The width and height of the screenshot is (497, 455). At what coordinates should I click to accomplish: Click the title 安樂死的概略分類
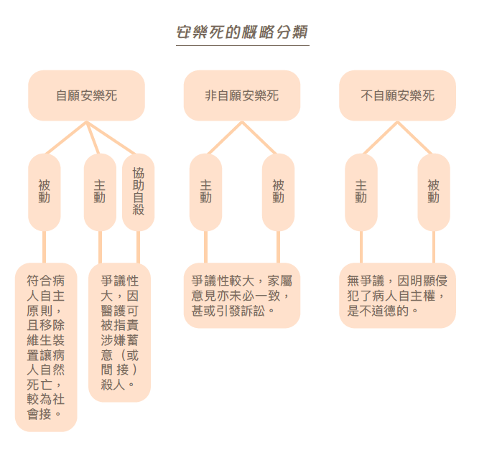pos(243,33)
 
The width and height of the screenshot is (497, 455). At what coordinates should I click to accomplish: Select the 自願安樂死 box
pos(86,95)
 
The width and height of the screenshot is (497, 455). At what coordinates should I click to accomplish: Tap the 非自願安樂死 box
pos(241,95)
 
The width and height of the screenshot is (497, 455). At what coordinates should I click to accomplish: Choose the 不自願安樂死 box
pos(397,95)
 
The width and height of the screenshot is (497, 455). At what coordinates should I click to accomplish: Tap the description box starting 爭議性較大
pos(241,295)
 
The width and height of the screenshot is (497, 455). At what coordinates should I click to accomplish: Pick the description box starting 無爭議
pos(397,295)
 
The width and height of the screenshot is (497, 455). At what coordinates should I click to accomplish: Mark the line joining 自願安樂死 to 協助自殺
pos(112,139)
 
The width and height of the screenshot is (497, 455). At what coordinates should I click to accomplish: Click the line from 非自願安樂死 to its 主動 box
pos(223,139)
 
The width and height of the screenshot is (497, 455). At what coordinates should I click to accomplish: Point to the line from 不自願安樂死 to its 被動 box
pos(415,139)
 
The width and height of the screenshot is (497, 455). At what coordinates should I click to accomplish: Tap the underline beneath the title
pos(243,46)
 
